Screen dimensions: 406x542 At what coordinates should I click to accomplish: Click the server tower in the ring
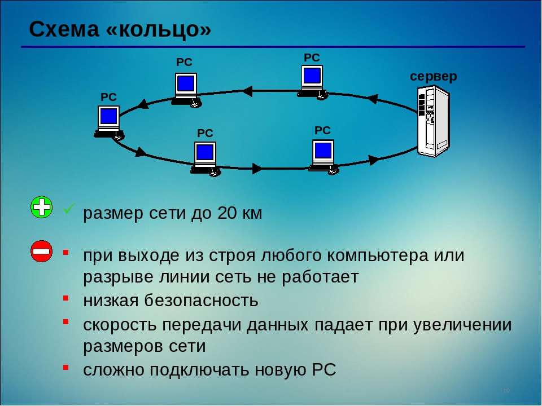pyautogui.click(x=434, y=121)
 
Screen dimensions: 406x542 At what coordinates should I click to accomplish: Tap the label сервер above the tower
pyautogui.click(x=433, y=76)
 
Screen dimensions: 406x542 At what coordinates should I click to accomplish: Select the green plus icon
pyautogui.click(x=41, y=208)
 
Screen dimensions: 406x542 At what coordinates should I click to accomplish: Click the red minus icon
pyautogui.click(x=41, y=251)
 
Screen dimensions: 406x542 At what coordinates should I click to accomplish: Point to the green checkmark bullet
pyautogui.click(x=69, y=210)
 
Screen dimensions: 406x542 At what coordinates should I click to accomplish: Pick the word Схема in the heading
pyautogui.click(x=64, y=29)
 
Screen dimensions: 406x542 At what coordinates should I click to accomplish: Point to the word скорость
pyautogui.click(x=118, y=325)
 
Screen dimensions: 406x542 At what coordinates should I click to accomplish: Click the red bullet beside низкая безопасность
pyautogui.click(x=66, y=297)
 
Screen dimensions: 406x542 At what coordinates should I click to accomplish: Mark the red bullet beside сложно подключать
pyautogui.click(x=66, y=367)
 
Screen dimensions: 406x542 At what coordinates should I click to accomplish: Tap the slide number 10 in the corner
pyautogui.click(x=506, y=391)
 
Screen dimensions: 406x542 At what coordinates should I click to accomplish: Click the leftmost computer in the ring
pyautogui.click(x=108, y=121)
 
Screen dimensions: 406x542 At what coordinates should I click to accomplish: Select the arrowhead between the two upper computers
pyautogui.click(x=247, y=90)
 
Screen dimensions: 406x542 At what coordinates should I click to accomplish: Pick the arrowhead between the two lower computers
pyautogui.click(x=257, y=168)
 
